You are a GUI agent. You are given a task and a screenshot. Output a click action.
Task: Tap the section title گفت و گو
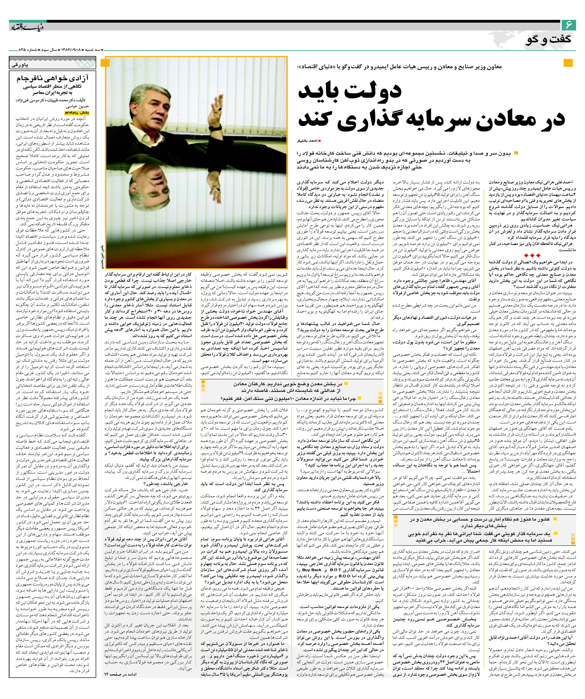[549, 39]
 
